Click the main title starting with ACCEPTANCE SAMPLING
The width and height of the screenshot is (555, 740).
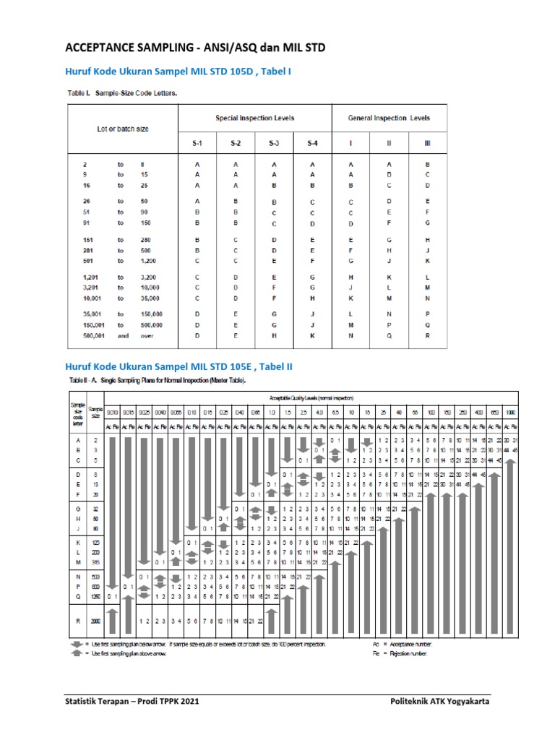195,48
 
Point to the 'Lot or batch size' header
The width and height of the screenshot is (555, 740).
123,129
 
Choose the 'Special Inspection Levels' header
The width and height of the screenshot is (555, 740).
254,117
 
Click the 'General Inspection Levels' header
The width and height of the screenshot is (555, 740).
389,117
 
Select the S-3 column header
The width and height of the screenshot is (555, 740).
274,143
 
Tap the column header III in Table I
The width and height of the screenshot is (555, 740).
427,143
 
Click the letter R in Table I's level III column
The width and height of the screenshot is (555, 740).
427,336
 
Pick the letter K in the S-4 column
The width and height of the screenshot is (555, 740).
312,336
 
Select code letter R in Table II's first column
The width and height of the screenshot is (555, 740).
76,621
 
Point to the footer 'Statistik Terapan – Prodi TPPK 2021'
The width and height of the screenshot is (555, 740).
132,701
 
